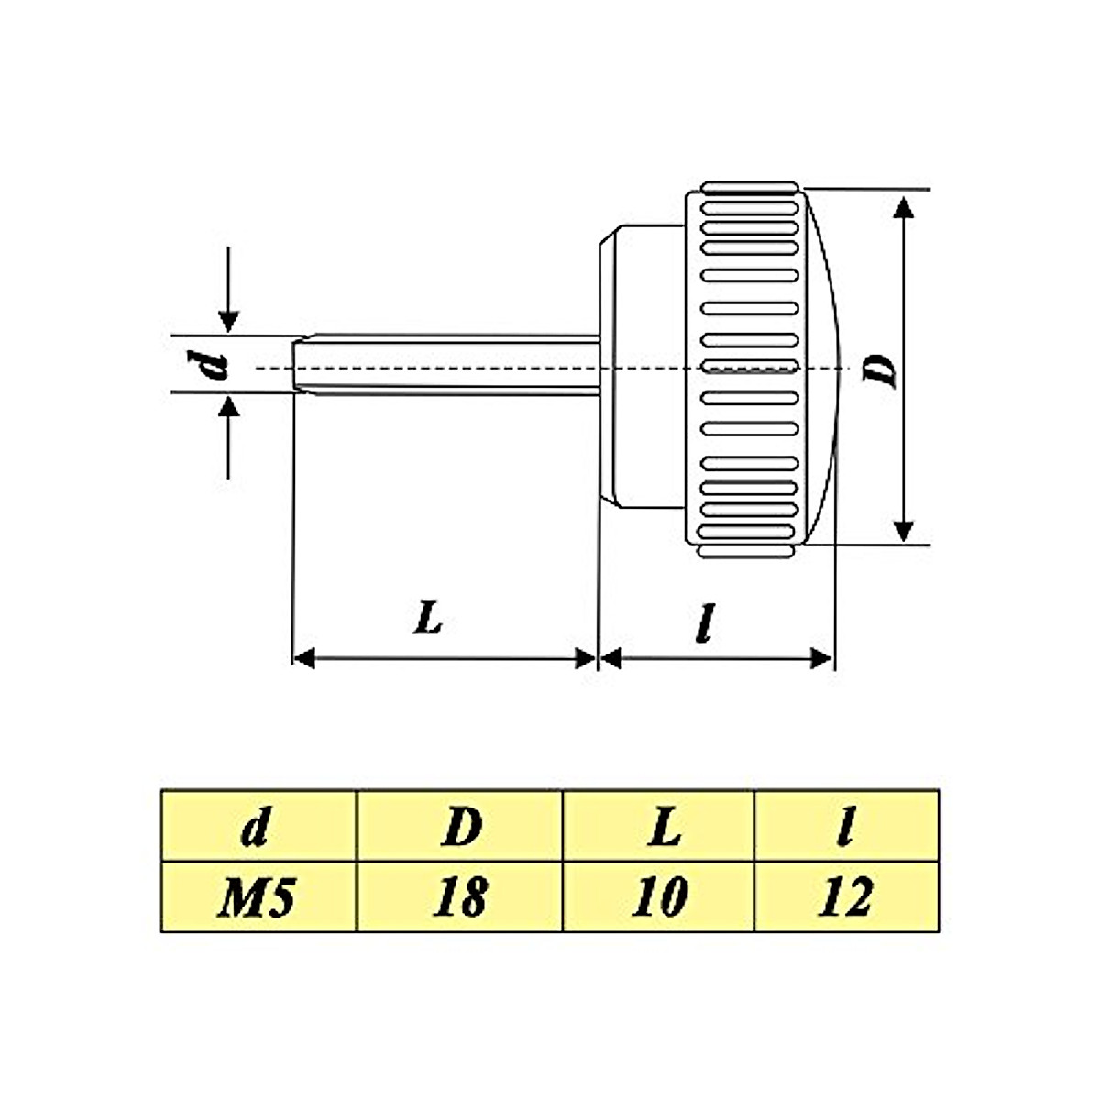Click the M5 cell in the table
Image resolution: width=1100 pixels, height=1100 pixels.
(257, 897)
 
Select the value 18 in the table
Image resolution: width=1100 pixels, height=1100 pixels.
(459, 897)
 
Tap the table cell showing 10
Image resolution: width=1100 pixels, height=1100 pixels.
(658, 897)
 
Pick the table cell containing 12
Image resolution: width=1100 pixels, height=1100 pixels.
(845, 897)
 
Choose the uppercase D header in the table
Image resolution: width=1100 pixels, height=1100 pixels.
(460, 827)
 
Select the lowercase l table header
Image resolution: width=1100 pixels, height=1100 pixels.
(845, 827)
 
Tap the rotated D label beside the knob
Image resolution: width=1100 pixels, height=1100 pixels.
(881, 369)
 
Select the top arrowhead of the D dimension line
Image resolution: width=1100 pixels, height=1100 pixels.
(904, 207)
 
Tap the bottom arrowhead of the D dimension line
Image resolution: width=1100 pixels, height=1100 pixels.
(904, 530)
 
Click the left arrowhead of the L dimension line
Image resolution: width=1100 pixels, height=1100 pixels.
(303, 657)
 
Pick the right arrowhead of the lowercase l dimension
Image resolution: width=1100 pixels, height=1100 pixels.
(822, 657)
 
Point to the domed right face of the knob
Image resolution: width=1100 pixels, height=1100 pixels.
(824, 367)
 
